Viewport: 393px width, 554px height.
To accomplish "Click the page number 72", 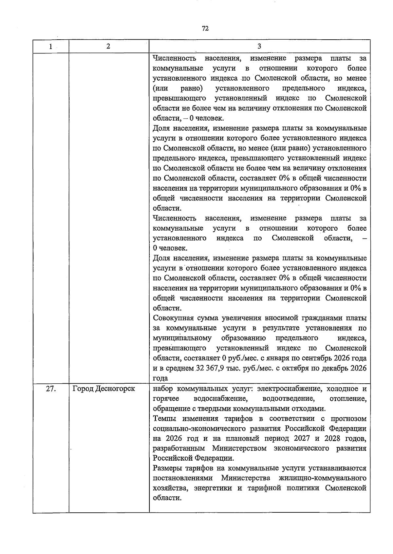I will pos(205,29).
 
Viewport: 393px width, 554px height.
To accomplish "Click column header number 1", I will pos(51,47).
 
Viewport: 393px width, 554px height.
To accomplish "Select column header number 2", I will pos(108,46).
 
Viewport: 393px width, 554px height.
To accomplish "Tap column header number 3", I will pos(259,46).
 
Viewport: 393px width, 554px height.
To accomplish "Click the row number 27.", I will pos(51,389).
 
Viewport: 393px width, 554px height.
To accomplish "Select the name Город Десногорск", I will pos(103,389).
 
